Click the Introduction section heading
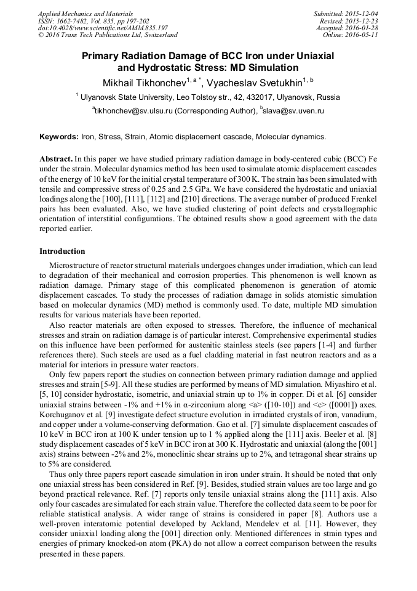click(x=62, y=251)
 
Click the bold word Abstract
click(x=56, y=158)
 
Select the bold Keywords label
click(x=59, y=136)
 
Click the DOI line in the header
click(x=103, y=28)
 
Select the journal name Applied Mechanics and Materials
click(x=85, y=14)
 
